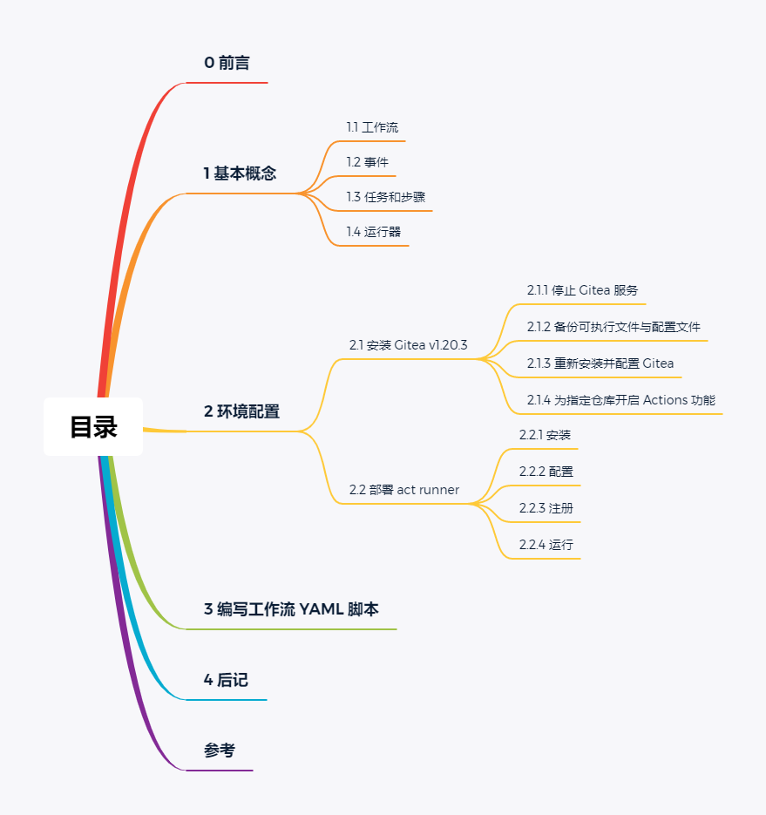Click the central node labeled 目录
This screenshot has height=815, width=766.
[x=93, y=427]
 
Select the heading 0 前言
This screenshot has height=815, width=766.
[x=227, y=63]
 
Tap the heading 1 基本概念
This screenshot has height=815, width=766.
[x=240, y=173]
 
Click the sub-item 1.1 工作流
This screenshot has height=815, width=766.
[x=372, y=127]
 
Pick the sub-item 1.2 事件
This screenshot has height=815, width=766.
[x=367, y=162]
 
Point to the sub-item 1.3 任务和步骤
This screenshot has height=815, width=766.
[x=385, y=197]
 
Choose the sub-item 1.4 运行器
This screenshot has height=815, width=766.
[x=374, y=232]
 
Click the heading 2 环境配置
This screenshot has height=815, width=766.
[x=241, y=411]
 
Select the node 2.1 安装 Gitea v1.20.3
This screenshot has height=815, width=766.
[x=408, y=345]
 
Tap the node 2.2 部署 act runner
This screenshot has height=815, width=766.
[x=403, y=490]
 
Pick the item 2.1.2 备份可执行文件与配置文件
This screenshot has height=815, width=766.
[x=613, y=327]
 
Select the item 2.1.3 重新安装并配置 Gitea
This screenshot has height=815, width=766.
[x=600, y=363]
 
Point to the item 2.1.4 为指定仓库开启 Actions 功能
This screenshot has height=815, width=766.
[x=620, y=400]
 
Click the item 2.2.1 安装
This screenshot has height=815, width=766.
[x=545, y=435]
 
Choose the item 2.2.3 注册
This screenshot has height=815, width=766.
[x=546, y=508]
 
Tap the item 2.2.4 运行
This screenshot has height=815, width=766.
[x=546, y=545]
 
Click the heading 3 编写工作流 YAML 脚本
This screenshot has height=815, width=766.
[x=291, y=609]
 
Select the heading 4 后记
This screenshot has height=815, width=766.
[x=226, y=680]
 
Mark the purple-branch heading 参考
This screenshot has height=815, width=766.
[x=219, y=750]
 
